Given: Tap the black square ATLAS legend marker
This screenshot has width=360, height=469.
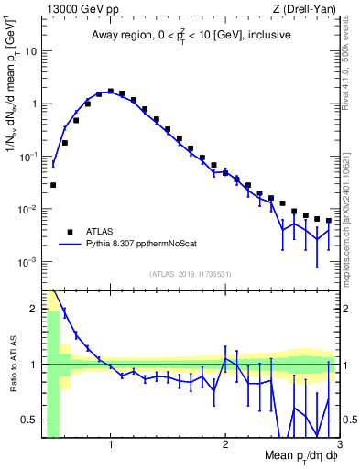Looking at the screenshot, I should [x=68, y=232].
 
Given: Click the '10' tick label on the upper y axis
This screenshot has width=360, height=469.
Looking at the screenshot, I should [x=31, y=51].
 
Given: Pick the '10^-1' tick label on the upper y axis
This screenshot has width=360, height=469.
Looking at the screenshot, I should [x=27, y=157].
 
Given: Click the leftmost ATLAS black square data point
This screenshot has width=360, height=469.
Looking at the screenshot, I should [x=53, y=185].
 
